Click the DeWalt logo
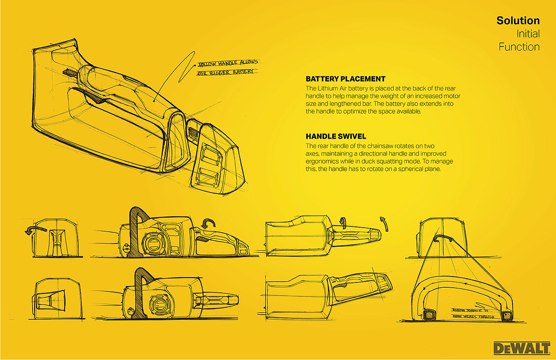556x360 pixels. tap(521, 348)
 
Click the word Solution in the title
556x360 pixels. tap(518, 21)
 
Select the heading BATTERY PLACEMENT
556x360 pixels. tap(346, 79)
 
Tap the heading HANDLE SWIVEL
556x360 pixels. tap(336, 136)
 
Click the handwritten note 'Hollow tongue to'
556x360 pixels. tap(470, 310)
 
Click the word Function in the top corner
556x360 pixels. tap(519, 47)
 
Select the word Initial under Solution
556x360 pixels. tap(528, 34)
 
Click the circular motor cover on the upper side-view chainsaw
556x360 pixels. tap(151, 242)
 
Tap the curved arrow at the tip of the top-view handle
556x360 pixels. tap(384, 223)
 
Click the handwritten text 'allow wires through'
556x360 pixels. tap(473, 317)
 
